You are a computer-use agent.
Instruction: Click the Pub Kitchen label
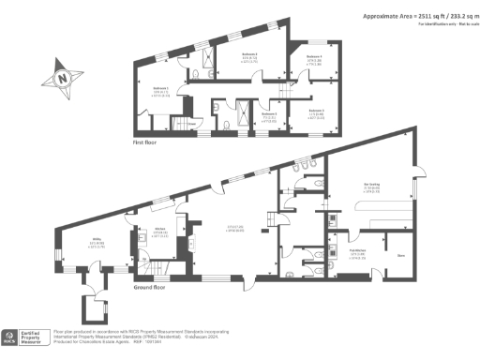tap(357, 251)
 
